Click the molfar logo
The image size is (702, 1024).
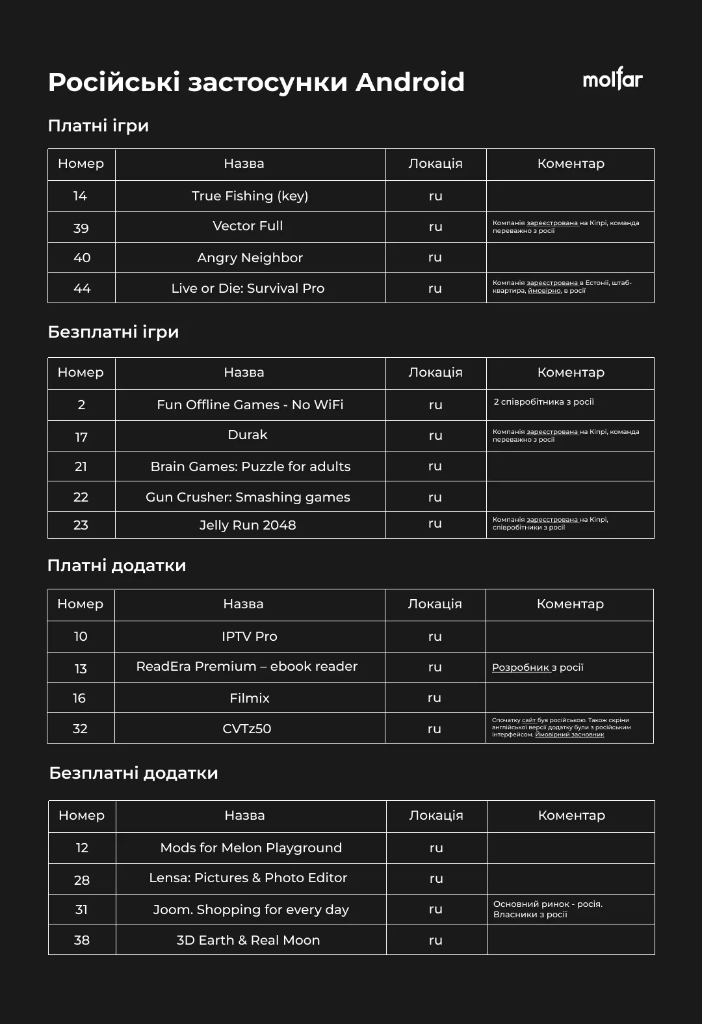click(612, 80)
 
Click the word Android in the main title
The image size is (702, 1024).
click(410, 83)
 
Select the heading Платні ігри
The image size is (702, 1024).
click(98, 126)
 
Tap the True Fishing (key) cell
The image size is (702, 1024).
click(250, 196)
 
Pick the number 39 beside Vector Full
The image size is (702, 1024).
click(81, 228)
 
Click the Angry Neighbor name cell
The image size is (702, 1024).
click(250, 258)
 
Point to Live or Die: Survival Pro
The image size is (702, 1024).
click(248, 288)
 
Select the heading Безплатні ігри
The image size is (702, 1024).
click(113, 332)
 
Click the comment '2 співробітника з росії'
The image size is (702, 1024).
click(543, 402)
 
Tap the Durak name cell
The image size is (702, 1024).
click(248, 435)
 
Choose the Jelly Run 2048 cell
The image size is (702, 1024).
click(248, 525)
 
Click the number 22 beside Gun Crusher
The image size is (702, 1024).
click(81, 497)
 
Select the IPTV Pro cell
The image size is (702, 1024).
click(250, 636)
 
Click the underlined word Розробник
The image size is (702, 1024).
click(521, 667)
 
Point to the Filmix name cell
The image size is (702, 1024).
click(250, 698)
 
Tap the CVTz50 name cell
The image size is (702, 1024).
click(247, 729)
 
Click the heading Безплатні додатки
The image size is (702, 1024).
click(133, 773)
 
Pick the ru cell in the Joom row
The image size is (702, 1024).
click(435, 909)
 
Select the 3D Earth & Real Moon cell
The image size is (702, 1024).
click(248, 940)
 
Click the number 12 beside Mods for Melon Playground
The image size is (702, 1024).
click(82, 848)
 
